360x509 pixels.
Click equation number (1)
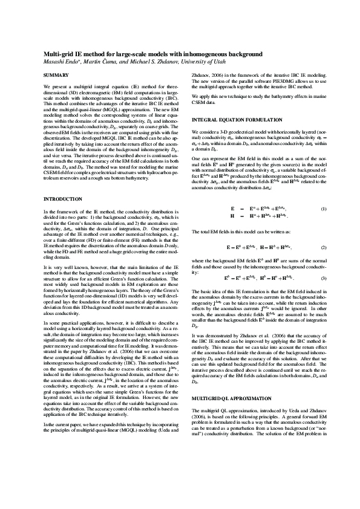coord(324,208)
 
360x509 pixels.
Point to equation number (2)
coord(324,248)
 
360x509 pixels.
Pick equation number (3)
coord(324,277)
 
